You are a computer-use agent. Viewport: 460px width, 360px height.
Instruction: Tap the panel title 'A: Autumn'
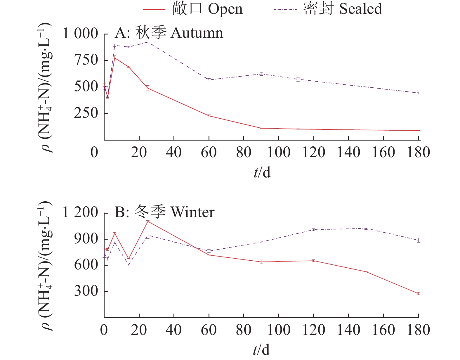169,33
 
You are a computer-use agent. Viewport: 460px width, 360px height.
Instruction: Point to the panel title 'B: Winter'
164,212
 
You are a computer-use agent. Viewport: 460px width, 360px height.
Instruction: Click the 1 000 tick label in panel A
80,34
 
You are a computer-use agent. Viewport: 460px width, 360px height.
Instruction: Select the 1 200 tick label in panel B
80,212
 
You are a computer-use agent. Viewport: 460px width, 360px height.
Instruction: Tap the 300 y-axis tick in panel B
86,291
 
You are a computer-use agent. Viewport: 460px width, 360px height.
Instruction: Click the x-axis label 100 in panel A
279,153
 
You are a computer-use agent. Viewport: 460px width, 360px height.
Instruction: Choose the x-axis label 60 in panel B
209,330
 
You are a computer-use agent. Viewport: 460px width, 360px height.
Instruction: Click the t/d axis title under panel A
262,173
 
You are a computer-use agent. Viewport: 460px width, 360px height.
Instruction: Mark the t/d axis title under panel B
261,349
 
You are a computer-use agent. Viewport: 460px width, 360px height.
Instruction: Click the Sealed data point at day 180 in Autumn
418,93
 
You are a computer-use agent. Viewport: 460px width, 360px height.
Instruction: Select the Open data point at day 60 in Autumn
209,116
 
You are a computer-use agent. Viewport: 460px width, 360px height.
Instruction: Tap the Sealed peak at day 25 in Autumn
148,42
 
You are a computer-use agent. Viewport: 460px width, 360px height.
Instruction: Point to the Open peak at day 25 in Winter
148,221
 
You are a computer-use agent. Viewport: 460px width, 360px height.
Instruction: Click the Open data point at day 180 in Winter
418,293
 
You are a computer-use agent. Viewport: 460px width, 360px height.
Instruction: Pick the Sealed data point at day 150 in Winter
366,228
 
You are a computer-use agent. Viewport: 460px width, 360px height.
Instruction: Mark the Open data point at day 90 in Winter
261,262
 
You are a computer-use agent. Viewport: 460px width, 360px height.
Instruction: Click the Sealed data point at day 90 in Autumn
261,74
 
